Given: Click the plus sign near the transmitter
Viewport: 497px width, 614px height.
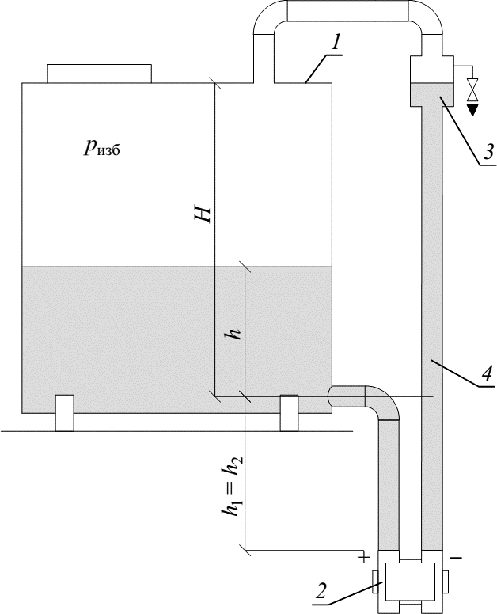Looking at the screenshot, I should pyautogui.click(x=365, y=557).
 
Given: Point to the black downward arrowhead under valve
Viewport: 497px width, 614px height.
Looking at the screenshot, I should pyautogui.click(x=472, y=108).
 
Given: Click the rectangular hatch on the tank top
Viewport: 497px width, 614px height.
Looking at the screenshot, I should pyautogui.click(x=99, y=74).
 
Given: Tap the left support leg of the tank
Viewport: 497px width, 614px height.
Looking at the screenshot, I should pyautogui.click(x=64, y=412).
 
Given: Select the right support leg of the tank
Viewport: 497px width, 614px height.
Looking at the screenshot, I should pyautogui.click(x=290, y=412).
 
